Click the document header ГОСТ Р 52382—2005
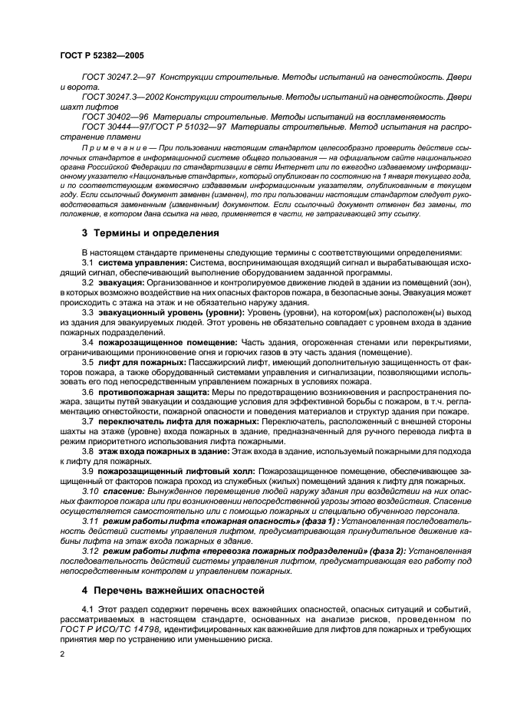click(102, 56)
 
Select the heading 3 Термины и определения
click(150, 232)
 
